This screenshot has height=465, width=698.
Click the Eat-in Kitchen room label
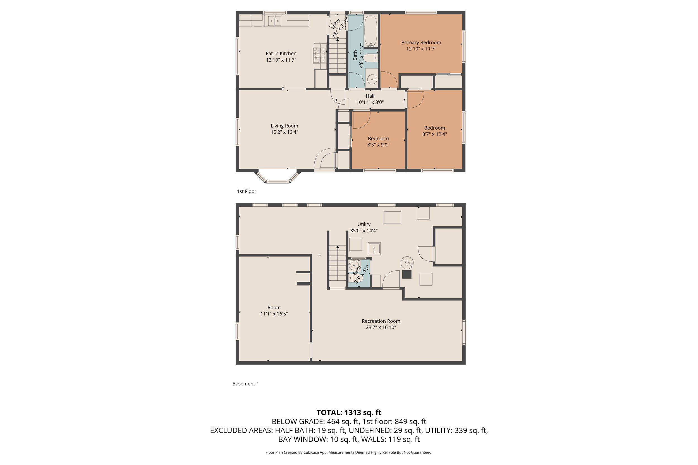pos(281,53)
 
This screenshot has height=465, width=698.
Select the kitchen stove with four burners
pos(320,54)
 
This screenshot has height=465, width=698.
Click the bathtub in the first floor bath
pos(370,31)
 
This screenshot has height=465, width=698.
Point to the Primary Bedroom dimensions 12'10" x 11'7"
pos(421,49)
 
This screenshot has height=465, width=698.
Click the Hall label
pos(370,96)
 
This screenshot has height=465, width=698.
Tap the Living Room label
pos(284,126)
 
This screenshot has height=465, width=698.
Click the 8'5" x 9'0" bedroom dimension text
pos(378,145)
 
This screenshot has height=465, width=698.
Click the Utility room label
pos(364,224)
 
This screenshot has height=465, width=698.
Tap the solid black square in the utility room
pos(407,274)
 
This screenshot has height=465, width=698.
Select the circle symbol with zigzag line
pos(407,262)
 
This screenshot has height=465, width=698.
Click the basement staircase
pos(338,264)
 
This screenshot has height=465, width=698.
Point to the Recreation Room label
pos(381,321)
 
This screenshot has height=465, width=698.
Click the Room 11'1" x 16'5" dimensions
pos(274,314)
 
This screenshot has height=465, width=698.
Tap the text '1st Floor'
pos(246,191)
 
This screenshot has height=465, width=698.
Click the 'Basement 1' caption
pos(245,384)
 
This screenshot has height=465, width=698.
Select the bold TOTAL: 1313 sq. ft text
pos(349,413)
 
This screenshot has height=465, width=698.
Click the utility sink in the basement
pos(374,249)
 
